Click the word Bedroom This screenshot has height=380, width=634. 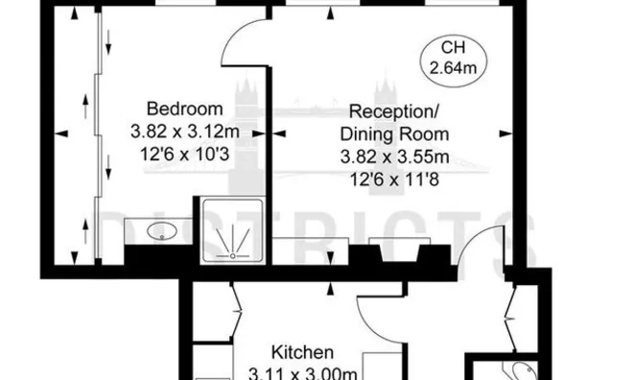tap(183, 107)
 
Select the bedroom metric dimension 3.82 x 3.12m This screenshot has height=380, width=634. tap(183, 130)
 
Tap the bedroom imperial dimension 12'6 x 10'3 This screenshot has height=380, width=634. tap(183, 152)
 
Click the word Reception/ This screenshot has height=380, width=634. tap(394, 112)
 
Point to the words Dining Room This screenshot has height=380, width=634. tap(394, 134)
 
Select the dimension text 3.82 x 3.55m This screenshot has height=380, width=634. tap(394, 156)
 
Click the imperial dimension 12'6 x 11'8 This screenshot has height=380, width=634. tap(394, 178)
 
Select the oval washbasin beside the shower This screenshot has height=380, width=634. tap(157, 230)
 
